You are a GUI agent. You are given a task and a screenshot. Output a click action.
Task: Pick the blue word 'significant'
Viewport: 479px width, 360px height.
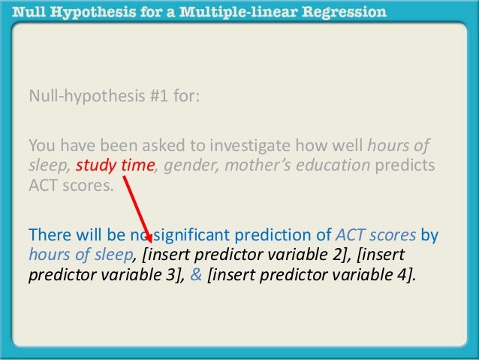tap(191, 234)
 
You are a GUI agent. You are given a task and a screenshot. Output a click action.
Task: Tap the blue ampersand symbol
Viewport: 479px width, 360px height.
tap(194, 274)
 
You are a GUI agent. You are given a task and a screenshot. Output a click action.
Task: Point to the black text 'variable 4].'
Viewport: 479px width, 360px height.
tap(375, 274)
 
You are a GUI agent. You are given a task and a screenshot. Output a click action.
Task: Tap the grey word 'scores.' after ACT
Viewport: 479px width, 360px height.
tap(90, 185)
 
